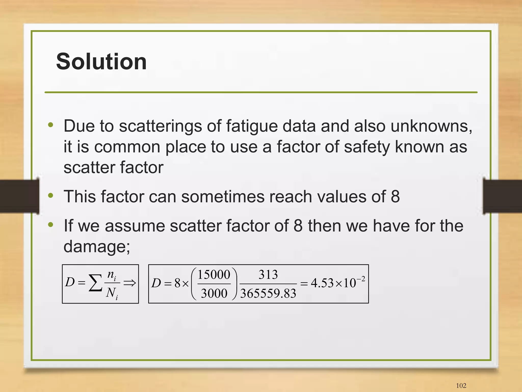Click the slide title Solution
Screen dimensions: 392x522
[x=101, y=61]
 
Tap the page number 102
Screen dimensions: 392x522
[x=461, y=385]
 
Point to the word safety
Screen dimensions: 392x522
[x=367, y=147]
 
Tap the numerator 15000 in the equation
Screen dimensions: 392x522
[x=214, y=275]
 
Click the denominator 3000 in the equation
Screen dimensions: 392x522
[x=214, y=293]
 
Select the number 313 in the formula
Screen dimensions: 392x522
[x=268, y=275]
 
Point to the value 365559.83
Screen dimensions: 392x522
[x=268, y=293]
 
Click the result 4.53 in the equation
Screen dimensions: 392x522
[x=322, y=283]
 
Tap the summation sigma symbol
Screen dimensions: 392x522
[x=95, y=283]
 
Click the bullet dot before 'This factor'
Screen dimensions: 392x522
[x=51, y=196]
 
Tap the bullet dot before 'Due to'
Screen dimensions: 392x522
[x=51, y=125]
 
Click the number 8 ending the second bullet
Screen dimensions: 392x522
[x=395, y=197]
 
